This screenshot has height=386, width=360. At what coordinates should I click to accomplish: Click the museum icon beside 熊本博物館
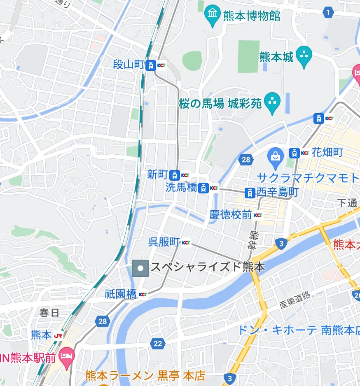click(213, 16)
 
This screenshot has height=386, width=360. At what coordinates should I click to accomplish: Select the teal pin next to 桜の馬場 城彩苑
click(272, 103)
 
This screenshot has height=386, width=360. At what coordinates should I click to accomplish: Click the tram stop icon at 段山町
click(151, 65)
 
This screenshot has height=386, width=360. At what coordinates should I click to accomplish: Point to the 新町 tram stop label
click(157, 174)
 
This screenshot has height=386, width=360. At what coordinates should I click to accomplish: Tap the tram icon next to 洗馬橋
click(203, 188)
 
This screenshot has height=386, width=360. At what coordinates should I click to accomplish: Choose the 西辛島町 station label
click(277, 192)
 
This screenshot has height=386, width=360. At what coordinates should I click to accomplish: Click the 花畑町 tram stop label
click(327, 153)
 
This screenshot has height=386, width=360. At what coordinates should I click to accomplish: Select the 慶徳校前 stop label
click(230, 214)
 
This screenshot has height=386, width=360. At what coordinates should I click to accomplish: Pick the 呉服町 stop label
click(164, 242)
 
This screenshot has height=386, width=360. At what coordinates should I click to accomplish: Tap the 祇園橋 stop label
click(120, 294)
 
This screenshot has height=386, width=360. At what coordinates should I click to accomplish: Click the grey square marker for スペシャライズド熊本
click(140, 268)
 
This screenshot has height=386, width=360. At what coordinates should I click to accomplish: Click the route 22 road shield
click(157, 343)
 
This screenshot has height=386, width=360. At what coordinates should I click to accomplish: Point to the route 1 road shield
click(328, 13)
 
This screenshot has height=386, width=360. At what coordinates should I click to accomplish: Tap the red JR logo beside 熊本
click(58, 335)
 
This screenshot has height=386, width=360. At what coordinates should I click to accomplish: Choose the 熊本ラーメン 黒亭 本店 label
click(145, 375)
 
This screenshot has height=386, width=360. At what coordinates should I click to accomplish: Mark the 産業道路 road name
click(295, 300)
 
